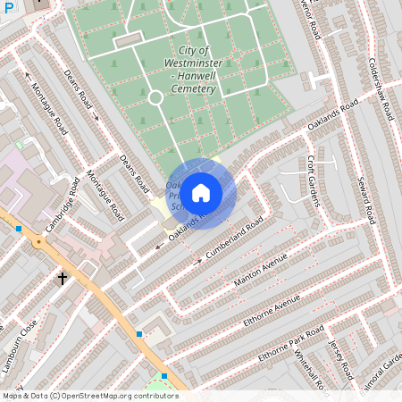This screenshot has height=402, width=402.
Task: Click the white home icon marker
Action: [x=201, y=193]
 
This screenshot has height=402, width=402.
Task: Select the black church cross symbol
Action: [x=63, y=279]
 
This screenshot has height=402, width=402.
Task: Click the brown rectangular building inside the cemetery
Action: [x=128, y=40]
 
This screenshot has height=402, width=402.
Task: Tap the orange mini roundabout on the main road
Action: [x=38, y=241]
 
